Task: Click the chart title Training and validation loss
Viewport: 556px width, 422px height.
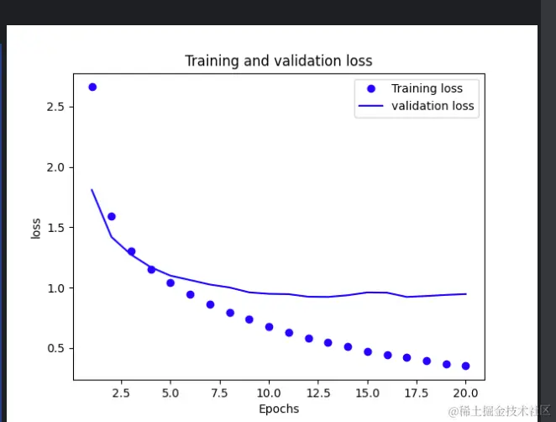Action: pos(278,61)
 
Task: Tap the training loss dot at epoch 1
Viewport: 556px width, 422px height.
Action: pos(92,87)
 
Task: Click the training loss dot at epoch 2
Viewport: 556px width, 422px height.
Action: pos(112,216)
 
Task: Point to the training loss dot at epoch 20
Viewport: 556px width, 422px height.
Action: pos(466,366)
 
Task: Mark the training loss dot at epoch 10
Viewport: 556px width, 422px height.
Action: pos(269,326)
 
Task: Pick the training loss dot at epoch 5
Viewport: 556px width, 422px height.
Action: pos(170,282)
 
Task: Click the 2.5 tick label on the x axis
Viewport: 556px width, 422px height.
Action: pos(121,393)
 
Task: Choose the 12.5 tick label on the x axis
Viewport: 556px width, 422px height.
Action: pos(318,393)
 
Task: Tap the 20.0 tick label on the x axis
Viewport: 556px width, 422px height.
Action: pos(466,393)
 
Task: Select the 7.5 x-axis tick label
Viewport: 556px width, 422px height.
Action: pos(219,393)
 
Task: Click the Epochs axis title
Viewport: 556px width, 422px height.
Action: pos(278,409)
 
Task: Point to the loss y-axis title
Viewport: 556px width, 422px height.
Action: pos(36,229)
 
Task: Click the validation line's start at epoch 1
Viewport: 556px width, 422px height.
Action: pos(92,190)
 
